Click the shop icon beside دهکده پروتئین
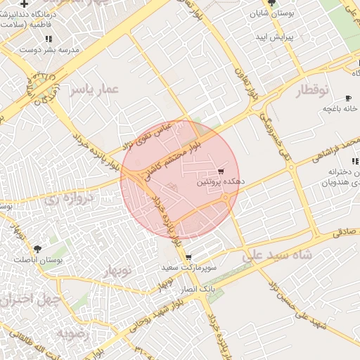[x=221, y=171]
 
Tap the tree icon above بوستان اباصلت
[x=37, y=248]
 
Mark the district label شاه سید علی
[x=276, y=255]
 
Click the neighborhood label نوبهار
[x=117, y=270]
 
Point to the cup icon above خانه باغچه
[x=347, y=98]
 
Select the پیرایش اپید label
[x=292, y=35]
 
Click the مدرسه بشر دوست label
[x=40, y=50]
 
